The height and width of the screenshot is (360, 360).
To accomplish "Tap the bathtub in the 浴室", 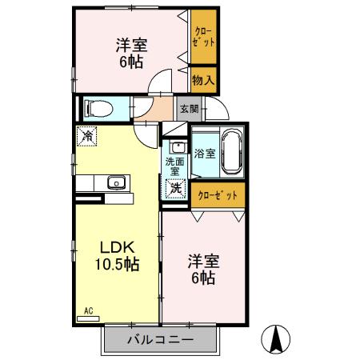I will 231,151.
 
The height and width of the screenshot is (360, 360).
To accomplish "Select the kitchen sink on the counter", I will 116,182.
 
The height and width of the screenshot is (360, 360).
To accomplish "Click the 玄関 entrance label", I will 188,107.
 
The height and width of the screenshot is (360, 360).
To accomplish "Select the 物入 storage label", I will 203,79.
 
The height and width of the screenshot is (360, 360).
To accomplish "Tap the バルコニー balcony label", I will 160,340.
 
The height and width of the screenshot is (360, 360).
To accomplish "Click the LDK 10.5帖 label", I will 118,254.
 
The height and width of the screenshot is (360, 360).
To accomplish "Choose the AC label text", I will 89,310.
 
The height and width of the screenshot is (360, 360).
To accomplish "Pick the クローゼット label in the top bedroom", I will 204,37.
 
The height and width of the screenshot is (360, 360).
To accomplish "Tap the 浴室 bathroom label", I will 204,153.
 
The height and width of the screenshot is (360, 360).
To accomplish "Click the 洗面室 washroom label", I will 174,166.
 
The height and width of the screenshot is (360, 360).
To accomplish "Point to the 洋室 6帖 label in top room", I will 128,52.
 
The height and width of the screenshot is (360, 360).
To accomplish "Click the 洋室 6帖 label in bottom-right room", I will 203,269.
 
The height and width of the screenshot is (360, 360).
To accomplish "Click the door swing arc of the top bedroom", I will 162,81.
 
